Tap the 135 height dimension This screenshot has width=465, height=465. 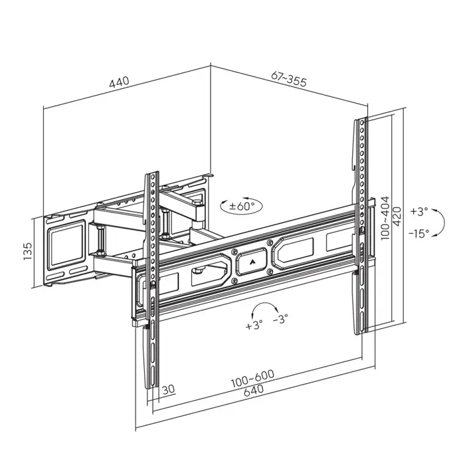(x=28, y=251)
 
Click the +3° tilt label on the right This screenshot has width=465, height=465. (x=420, y=212)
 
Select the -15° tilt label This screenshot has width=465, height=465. (x=419, y=232)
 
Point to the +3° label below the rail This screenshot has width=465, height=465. (x=254, y=325)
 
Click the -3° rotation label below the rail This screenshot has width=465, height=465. (x=281, y=320)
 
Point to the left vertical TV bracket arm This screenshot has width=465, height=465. (x=152, y=279)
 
